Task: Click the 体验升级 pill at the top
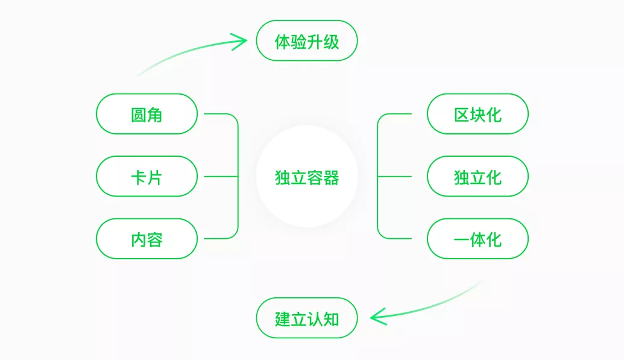click(307, 42)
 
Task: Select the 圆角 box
click(147, 114)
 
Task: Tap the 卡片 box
click(147, 177)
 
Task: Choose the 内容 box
click(147, 239)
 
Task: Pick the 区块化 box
click(477, 114)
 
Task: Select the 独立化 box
click(477, 177)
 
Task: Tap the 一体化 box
click(477, 239)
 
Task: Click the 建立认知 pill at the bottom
click(307, 318)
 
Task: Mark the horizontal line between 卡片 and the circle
click(221, 177)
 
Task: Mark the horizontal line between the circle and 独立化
click(395, 177)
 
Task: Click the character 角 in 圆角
click(155, 114)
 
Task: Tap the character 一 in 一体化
click(461, 239)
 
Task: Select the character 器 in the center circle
click(331, 177)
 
